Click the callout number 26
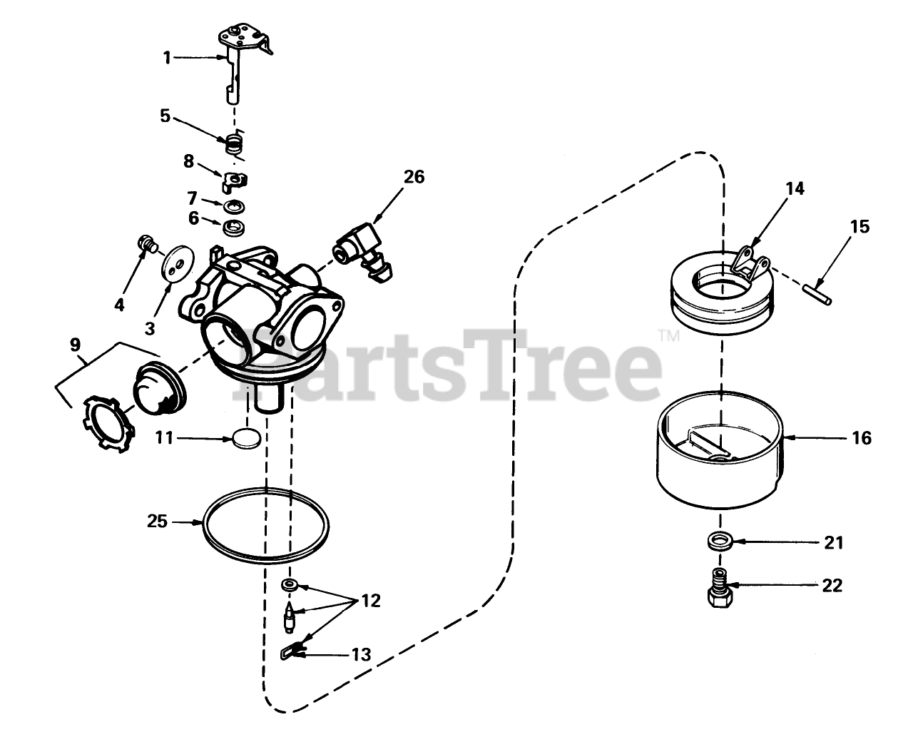(414, 177)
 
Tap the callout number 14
(795, 188)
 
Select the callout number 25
(158, 522)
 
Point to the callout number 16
(862, 438)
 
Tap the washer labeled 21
(720, 542)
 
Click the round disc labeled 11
(247, 439)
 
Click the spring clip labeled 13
(293, 651)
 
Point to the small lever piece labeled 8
(235, 182)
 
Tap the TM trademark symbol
(668, 336)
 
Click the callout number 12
(371, 601)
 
